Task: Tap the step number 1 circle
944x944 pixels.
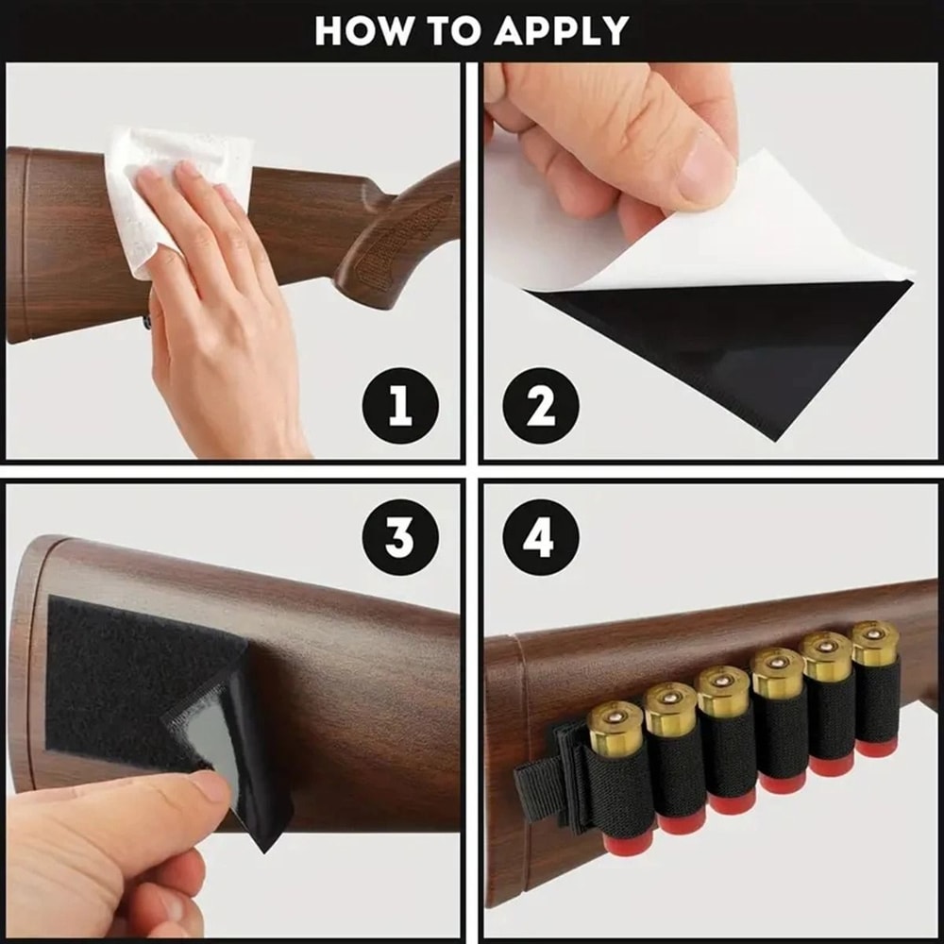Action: [399, 407]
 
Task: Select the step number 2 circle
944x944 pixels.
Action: [540, 407]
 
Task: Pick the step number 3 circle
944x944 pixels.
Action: [399, 537]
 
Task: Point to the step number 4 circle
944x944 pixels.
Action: [540, 537]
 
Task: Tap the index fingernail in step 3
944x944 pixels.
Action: [210, 785]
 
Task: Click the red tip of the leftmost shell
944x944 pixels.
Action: [628, 842]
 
